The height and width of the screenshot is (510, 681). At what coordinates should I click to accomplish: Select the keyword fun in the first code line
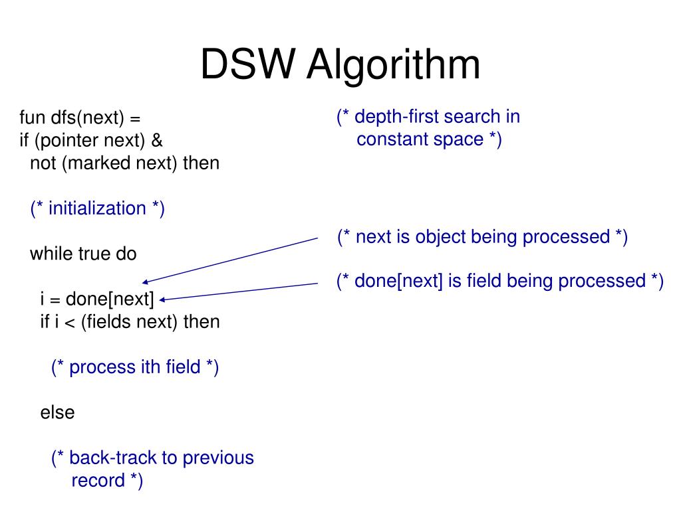(31, 118)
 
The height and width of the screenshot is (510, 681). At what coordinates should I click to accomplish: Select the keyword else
(57, 412)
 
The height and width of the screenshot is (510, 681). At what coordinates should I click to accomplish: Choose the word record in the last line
(98, 480)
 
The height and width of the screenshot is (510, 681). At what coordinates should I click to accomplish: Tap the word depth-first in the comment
(397, 117)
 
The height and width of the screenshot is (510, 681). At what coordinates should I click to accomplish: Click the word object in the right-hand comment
(442, 236)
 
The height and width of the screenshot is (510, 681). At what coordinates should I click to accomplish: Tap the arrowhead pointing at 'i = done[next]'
(162, 299)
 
